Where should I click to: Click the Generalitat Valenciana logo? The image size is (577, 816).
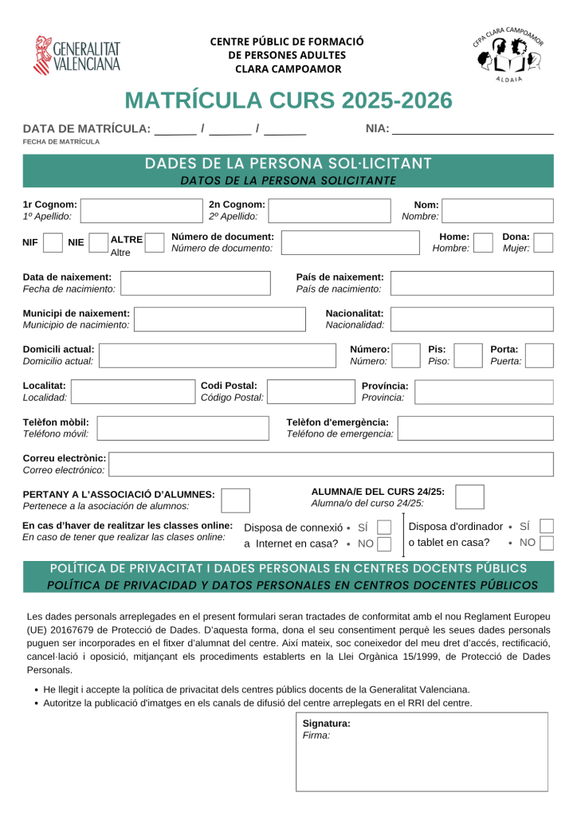(77, 55)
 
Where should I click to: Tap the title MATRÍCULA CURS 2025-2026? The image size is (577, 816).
(288, 100)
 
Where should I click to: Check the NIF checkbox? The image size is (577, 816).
(53, 243)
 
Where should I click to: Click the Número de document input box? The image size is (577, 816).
(350, 243)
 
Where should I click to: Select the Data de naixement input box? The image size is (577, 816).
(195, 283)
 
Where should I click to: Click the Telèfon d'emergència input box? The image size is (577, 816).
(475, 428)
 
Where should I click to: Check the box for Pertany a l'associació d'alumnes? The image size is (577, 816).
(235, 500)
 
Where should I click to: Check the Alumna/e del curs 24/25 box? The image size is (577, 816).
(469, 496)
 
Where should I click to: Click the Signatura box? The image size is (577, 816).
(422, 751)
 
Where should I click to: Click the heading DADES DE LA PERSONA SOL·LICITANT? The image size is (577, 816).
(288, 164)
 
